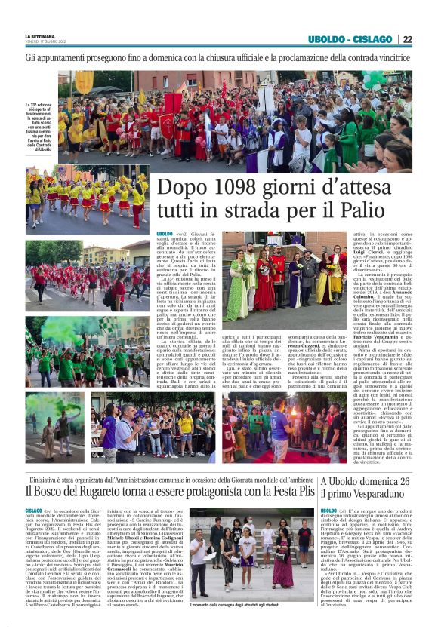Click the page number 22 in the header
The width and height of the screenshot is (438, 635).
click(427, 39)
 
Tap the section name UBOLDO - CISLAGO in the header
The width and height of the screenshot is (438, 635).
click(361, 39)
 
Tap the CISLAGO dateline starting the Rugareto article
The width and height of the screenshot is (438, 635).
click(33, 511)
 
